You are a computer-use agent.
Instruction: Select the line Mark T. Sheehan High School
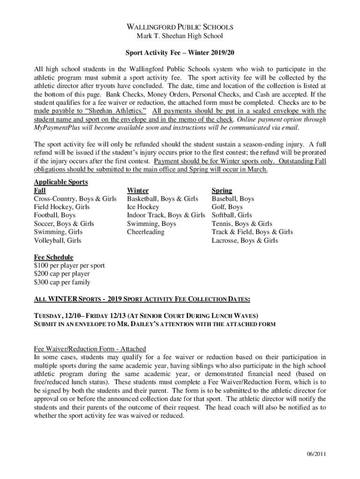(180, 36)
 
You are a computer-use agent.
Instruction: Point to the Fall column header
(40, 190)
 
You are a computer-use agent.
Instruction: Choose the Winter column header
(138, 190)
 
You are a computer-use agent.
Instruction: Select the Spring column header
(222, 190)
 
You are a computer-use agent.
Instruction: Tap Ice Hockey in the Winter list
(143, 207)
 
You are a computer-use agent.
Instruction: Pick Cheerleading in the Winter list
(146, 232)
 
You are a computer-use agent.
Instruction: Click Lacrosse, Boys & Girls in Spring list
(245, 240)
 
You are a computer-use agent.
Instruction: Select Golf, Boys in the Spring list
(227, 207)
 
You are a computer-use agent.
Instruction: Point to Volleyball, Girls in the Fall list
(58, 240)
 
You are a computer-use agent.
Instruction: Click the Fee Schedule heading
(53, 257)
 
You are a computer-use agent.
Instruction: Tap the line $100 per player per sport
(69, 266)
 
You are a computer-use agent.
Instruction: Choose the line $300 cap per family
(62, 282)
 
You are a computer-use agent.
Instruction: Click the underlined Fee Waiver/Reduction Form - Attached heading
(90, 349)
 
